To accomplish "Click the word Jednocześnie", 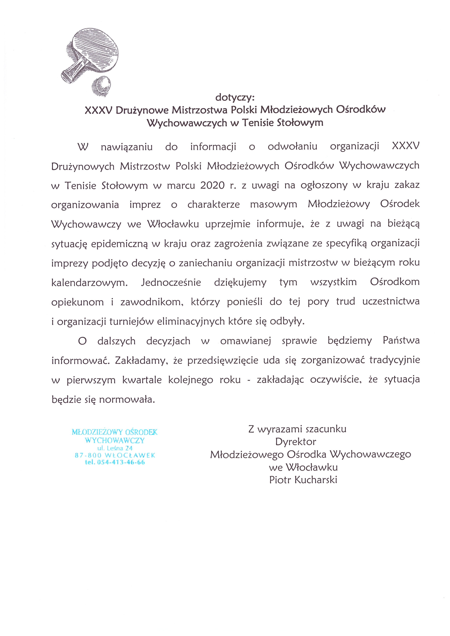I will [171, 283].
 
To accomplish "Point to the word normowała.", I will [127, 400].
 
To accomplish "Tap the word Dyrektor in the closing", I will [295, 442].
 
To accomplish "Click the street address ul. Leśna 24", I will [115, 448].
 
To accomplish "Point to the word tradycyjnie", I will [394, 360].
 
